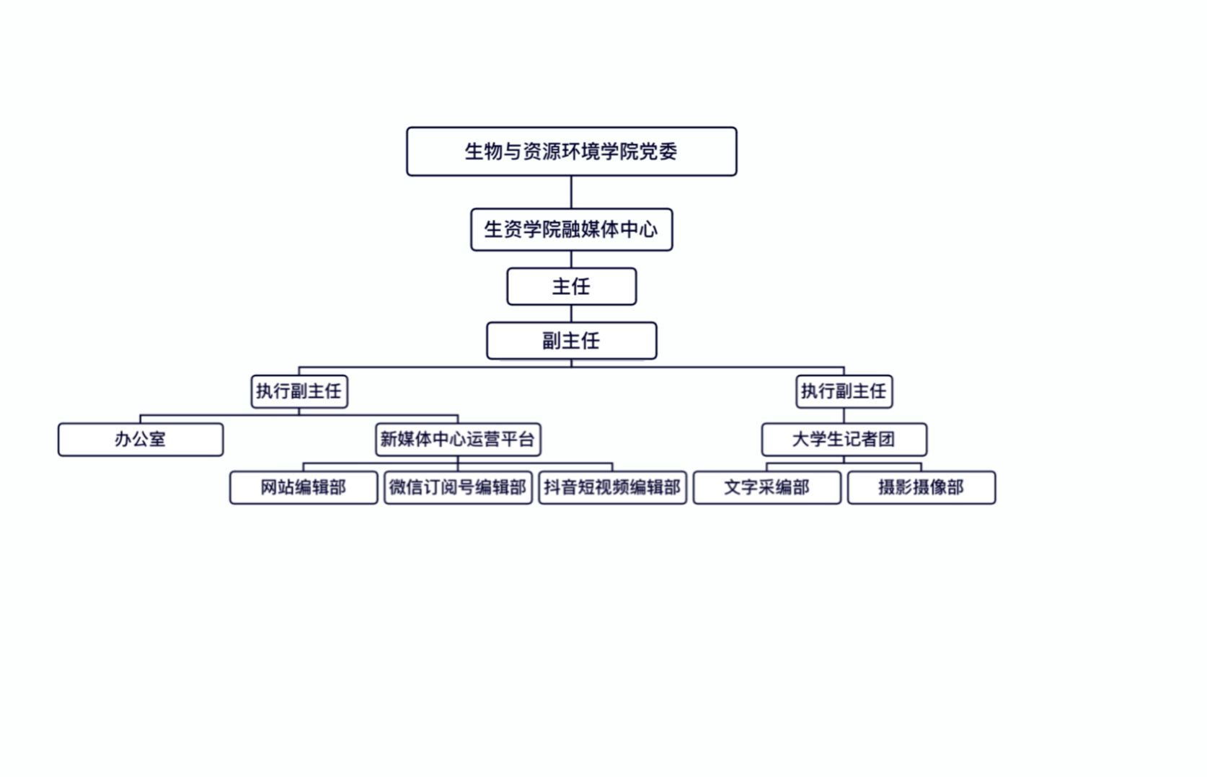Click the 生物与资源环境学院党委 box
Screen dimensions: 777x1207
pyautogui.click(x=571, y=151)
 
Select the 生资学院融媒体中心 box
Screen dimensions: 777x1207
pyautogui.click(x=571, y=230)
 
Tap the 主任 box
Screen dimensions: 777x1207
pyautogui.click(x=571, y=287)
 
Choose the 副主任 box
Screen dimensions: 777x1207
pyautogui.click(x=571, y=341)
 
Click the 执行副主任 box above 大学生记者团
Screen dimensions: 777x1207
pyautogui.click(x=844, y=391)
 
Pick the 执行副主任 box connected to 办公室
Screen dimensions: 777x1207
pyautogui.click(x=299, y=391)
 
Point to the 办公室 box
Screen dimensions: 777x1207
pyautogui.click(x=141, y=440)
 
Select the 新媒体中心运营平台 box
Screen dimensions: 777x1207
pyautogui.click(x=458, y=440)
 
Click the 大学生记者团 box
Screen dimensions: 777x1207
pyautogui.click(x=844, y=440)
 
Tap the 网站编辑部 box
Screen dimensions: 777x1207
pyautogui.click(x=304, y=488)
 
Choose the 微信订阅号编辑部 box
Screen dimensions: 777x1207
pyautogui.click(x=458, y=488)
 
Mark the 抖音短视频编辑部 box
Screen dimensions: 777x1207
pyautogui.click(x=612, y=488)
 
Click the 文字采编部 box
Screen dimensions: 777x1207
pyautogui.click(x=766, y=488)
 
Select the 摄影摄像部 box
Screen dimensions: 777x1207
pyautogui.click(x=921, y=488)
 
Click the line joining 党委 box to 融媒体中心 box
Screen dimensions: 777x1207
pyautogui.click(x=571, y=192)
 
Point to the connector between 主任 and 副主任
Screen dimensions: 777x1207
pyautogui.click(x=571, y=314)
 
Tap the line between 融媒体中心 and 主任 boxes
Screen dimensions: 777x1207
pyautogui.click(x=571, y=259)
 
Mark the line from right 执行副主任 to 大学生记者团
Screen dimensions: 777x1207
pyautogui.click(x=844, y=415)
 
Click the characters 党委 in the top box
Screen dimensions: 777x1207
pyautogui.click(x=658, y=151)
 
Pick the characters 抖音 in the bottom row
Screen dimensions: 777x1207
pyautogui.click(x=560, y=488)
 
